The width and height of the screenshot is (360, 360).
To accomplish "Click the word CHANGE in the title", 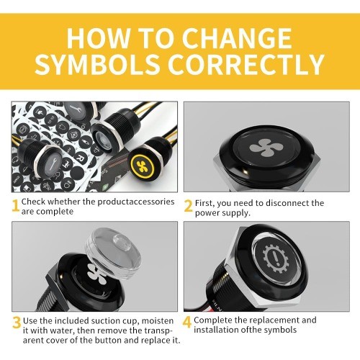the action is pos(237,38).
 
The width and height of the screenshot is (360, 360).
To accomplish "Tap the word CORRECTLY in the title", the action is pos(246,64).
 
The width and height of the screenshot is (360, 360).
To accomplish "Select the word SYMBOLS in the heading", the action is pos(97,64).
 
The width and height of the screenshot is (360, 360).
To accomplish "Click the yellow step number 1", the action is pos(15,206).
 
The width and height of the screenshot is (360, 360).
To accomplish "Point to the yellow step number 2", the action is pos(188,206).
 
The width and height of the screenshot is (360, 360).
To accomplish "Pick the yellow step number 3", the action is pos(17,323).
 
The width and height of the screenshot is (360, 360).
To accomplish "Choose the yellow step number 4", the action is pos(187,322).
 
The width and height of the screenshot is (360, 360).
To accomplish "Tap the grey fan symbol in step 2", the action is pos(263,148).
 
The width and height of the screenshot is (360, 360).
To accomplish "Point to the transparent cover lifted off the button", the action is pos(113,253).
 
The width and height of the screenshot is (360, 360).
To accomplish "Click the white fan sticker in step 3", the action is pos(95,272).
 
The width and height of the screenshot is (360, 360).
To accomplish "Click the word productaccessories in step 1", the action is pos(136,202).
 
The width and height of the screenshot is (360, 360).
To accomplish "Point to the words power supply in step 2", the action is pos(222,213).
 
